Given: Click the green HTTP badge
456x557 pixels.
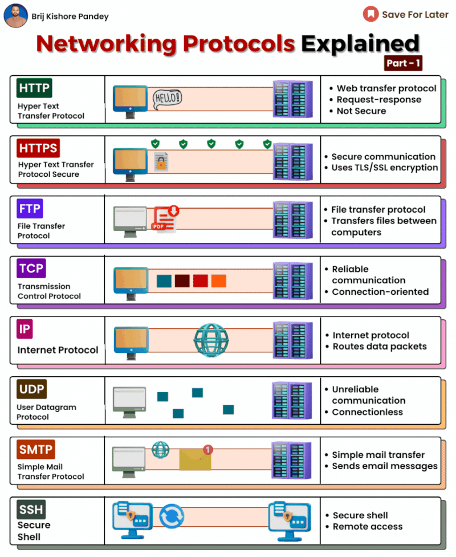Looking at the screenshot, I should (34, 88).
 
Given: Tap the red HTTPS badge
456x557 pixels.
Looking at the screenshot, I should (38, 148).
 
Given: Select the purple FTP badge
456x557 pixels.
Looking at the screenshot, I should (30, 208).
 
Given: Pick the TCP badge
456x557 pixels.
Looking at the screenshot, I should (31, 268).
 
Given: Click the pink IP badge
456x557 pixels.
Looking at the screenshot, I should (25, 329).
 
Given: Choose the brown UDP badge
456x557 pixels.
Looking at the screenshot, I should (31, 389).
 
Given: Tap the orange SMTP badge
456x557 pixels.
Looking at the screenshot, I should (35, 449).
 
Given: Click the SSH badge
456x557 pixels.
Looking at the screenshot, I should (31, 509).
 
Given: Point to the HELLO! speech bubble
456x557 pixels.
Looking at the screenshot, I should (167, 98).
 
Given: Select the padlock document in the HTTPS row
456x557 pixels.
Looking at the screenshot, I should (161, 162).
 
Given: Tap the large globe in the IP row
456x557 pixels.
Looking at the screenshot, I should (211, 340).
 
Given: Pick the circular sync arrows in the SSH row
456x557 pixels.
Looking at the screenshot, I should (172, 516).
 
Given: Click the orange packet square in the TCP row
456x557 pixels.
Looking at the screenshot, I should (218, 280).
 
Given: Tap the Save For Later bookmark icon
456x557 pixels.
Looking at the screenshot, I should (370, 14).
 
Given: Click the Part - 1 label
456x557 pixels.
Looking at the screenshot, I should (403, 63).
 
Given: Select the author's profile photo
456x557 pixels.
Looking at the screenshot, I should (15, 16).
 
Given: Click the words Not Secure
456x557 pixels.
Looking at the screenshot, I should (361, 111).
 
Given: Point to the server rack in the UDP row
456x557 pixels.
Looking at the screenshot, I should (291, 400).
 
